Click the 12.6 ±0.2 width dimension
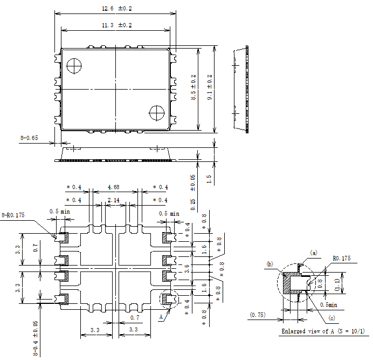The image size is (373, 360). [x=117, y=9]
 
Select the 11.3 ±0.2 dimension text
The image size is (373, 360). [x=117, y=25]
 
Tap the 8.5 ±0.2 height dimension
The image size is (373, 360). [x=194, y=87]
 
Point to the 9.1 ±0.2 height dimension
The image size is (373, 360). [x=210, y=87]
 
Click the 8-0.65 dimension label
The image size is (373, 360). [x=29, y=138]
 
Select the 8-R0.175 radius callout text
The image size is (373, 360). [x=13, y=215]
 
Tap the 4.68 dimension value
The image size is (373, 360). [x=114, y=187]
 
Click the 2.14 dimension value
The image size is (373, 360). [x=114, y=200]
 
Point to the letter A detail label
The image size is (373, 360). [x=161, y=317]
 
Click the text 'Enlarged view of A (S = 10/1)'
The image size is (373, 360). [x=323, y=331]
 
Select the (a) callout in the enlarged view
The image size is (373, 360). [x=314, y=253]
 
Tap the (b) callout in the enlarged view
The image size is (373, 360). [x=270, y=264]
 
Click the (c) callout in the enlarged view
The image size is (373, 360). [x=331, y=318]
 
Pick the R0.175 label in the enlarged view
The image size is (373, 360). [x=342, y=259]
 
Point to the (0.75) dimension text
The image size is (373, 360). [x=258, y=315]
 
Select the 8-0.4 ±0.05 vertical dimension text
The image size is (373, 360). [x=35, y=338]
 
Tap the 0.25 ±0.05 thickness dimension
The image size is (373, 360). [x=193, y=193]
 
